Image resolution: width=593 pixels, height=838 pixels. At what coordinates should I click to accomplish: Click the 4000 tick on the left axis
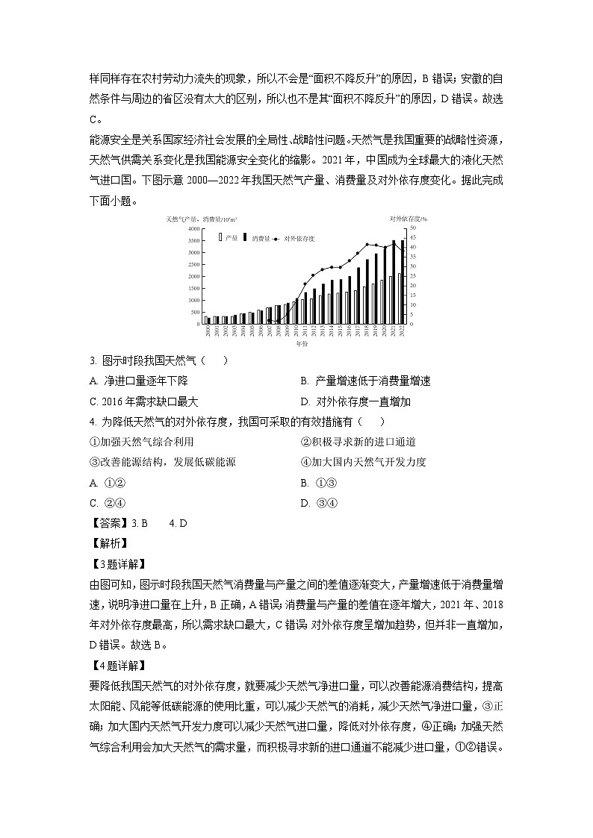[x=193, y=229]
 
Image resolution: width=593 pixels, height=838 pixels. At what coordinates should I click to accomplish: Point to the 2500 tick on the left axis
[x=193, y=265]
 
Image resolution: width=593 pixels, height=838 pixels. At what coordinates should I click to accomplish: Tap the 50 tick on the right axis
[x=414, y=229]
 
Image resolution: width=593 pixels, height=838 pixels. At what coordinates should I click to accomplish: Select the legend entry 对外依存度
[x=299, y=238]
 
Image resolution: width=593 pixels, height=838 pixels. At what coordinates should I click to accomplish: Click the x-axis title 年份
[x=301, y=343]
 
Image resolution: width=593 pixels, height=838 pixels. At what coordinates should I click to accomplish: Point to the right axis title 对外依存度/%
[x=408, y=219]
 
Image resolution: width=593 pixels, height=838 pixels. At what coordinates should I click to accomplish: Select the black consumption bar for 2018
[x=367, y=291]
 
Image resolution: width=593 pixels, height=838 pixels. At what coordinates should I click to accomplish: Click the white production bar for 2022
[x=398, y=298]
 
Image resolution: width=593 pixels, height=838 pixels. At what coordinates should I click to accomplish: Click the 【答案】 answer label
[x=108, y=523]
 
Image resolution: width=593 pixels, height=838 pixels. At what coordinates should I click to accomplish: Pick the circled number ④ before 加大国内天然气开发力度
[x=305, y=462]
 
